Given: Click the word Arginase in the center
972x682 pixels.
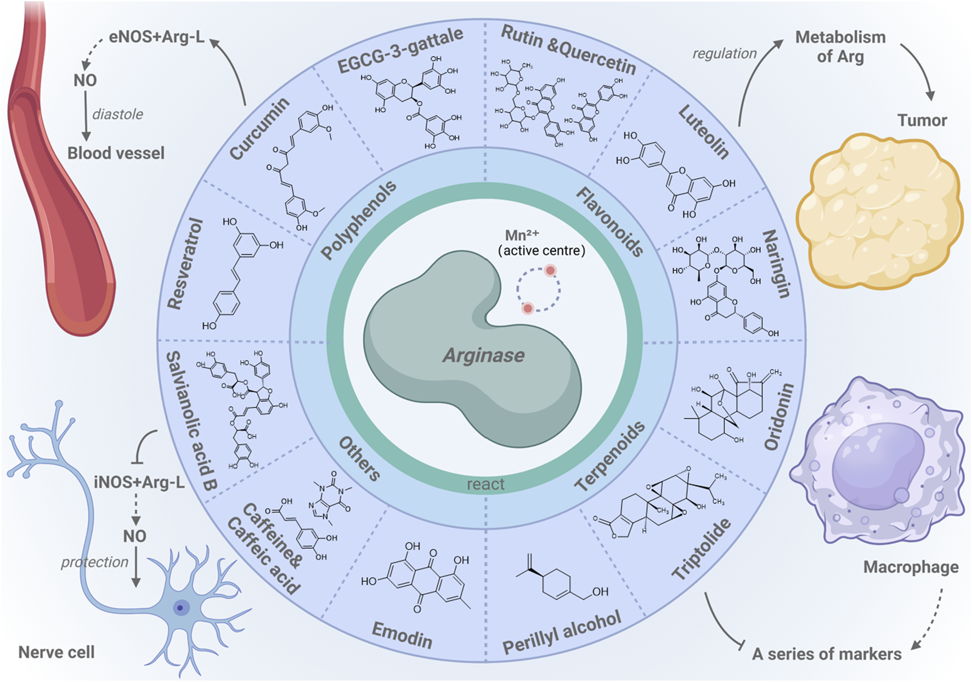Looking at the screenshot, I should click(x=484, y=355).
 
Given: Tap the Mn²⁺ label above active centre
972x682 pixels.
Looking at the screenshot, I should click(x=522, y=235).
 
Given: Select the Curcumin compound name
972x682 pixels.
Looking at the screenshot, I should click(x=259, y=129).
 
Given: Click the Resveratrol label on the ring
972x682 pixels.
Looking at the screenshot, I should click(x=185, y=264).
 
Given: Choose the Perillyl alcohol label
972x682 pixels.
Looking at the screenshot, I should click(x=562, y=632).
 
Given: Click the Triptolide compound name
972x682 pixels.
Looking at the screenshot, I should click(x=702, y=548).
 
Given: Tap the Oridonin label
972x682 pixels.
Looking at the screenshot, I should click(x=779, y=417).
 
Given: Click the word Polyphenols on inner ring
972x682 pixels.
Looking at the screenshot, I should click(x=358, y=220).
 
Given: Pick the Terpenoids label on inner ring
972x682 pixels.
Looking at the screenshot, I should click(x=609, y=457).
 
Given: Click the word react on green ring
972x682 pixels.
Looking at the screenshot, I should click(x=485, y=484).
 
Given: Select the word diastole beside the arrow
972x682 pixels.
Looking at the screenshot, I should click(x=117, y=115).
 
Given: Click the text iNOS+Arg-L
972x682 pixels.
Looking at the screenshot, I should click(x=139, y=482).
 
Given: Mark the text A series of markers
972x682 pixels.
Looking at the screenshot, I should click(x=827, y=654).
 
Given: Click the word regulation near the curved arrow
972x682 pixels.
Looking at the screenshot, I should click(x=724, y=54).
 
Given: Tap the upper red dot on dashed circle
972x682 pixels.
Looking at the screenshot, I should click(x=550, y=270).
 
